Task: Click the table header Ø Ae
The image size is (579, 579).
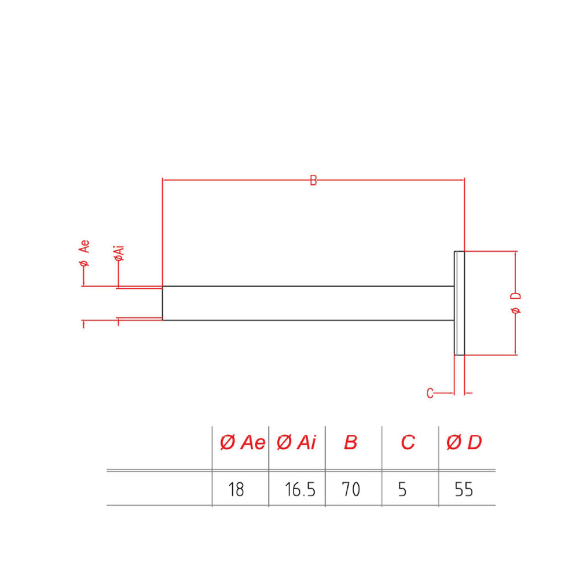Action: (x=242, y=442)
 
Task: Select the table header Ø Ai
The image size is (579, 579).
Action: (x=296, y=442)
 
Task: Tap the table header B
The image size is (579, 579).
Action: (x=350, y=442)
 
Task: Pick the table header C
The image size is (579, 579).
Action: (x=408, y=442)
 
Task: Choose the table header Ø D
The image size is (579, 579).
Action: (x=464, y=442)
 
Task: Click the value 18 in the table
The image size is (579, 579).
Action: (x=236, y=490)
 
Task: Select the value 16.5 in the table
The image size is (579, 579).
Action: (x=300, y=490)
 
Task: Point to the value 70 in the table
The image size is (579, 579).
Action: (x=351, y=490)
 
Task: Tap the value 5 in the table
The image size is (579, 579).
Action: (x=402, y=490)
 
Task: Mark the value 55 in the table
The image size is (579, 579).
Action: (x=464, y=490)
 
